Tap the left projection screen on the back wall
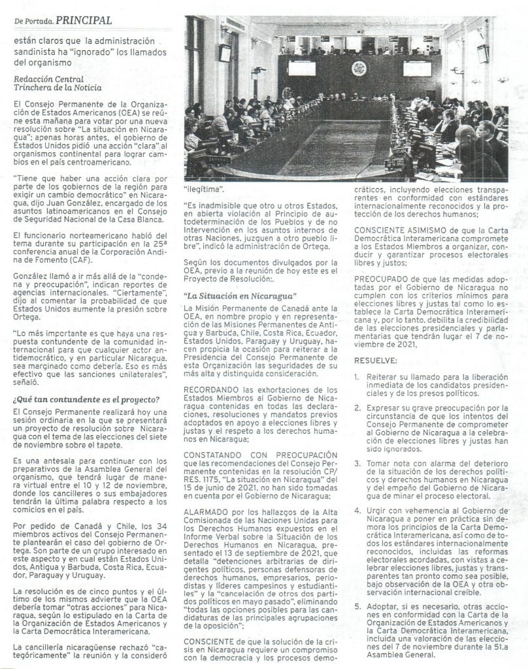(x=301, y=67)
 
